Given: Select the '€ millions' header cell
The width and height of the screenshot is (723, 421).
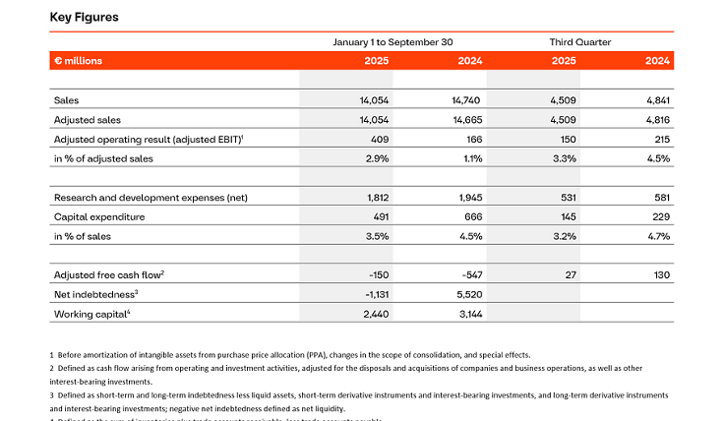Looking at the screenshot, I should pos(78,61).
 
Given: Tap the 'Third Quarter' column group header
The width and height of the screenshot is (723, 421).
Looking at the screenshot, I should pos(579,42).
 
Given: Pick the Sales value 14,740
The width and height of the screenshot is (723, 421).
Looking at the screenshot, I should pos(465,100).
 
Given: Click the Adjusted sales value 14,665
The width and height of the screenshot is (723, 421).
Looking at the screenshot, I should pos(465,120).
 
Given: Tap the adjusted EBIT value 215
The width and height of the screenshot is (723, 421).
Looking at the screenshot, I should pos(659,139).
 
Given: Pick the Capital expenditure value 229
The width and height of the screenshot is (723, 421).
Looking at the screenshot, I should pos(659,216).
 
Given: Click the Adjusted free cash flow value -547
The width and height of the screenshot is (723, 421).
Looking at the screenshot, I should pos(469,275).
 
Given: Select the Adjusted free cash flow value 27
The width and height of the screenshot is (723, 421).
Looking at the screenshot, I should pos(570,275).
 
